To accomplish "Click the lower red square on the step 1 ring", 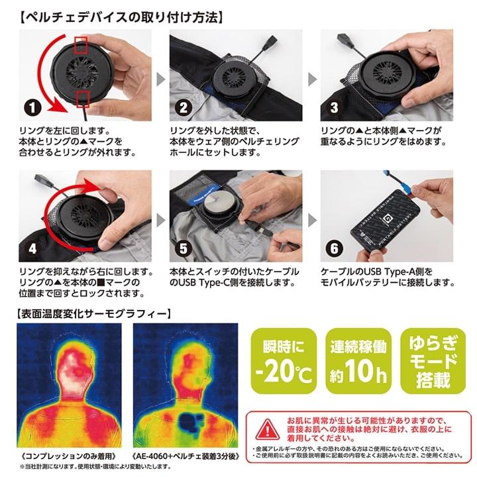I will point(83,98).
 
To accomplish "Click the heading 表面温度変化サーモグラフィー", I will point(92,312).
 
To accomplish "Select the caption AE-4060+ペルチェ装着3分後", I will point(184,456).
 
